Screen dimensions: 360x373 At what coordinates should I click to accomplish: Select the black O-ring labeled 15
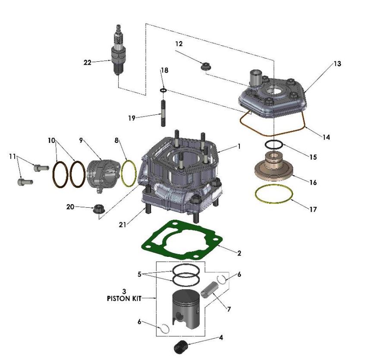click(x=273, y=145)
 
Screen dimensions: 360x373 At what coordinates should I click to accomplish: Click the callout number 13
click(x=337, y=64)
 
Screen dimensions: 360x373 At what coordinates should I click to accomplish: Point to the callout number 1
click(x=239, y=146)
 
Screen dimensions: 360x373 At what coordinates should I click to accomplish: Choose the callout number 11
click(x=13, y=156)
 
